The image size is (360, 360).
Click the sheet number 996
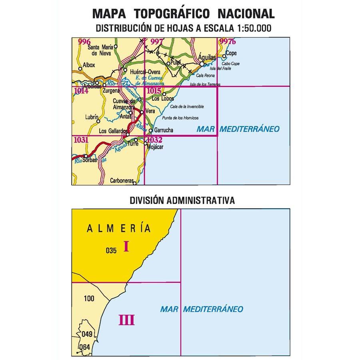[x=84, y=42]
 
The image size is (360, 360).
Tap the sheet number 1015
[x=154, y=91]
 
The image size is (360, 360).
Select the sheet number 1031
[x=81, y=140]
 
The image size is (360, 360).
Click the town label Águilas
[x=207, y=58]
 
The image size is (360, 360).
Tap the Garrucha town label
[x=163, y=130]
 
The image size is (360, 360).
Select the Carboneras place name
[x=121, y=180]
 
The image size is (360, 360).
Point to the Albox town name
[x=89, y=65]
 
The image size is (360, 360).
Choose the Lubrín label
[x=92, y=117]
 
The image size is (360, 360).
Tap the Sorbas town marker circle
[x=86, y=156]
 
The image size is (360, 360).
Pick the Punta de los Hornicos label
[x=180, y=118]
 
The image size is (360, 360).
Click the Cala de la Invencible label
[x=187, y=107]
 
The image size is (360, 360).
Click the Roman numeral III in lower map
[x=126, y=320]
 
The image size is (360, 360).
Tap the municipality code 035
[x=111, y=251]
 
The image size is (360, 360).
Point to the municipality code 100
[x=90, y=298]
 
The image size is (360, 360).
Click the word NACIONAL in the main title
[x=246, y=14]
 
